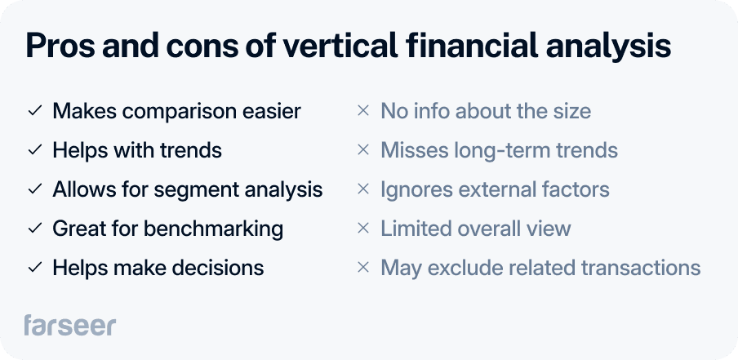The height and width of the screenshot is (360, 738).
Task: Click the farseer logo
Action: (69, 325)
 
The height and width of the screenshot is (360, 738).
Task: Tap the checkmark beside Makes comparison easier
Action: (34, 111)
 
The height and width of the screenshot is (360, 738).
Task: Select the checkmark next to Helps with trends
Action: (34, 150)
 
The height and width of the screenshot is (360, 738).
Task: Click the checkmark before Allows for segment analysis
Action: (34, 189)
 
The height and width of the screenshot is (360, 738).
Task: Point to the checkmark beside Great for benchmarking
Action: (34, 229)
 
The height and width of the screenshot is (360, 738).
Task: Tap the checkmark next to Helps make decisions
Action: (34, 268)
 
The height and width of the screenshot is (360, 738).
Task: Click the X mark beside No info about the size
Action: (363, 111)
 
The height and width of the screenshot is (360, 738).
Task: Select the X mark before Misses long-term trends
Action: (363, 150)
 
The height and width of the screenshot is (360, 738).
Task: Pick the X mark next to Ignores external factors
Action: (363, 189)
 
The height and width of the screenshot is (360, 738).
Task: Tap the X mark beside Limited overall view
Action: (363, 229)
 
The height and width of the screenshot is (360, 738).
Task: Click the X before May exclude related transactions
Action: (363, 268)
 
